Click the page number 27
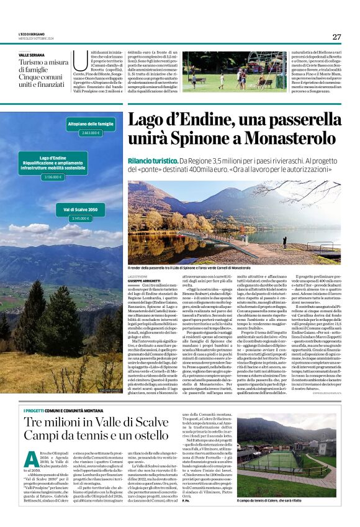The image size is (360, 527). (x=336, y=37)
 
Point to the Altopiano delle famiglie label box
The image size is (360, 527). (x=90, y=125)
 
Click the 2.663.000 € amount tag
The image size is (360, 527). (x=90, y=133)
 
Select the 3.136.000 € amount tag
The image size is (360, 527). (x=53, y=177)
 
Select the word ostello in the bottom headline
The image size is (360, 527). (x=145, y=438)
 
